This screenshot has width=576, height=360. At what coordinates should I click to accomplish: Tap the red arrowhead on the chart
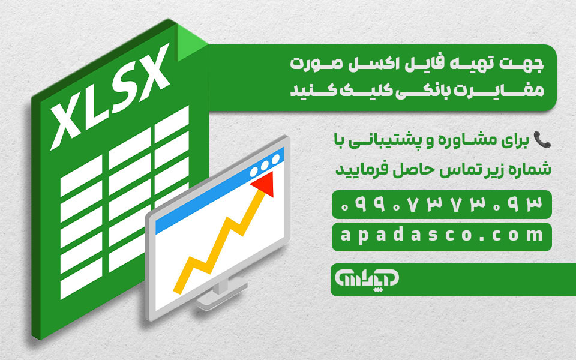click(264, 184)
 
